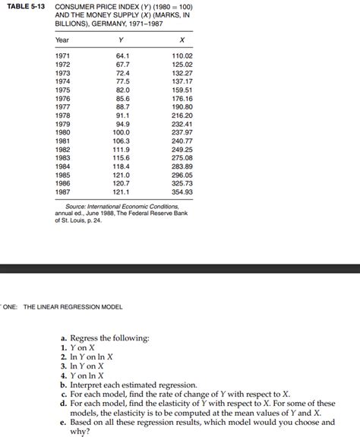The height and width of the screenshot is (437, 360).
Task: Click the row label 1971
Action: [65, 56]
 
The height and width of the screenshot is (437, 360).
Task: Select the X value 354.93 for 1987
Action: [183, 192]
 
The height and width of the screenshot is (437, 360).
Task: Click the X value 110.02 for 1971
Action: [183, 56]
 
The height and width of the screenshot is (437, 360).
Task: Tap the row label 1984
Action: [65, 166]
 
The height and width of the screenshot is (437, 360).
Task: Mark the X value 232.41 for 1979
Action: [183, 123]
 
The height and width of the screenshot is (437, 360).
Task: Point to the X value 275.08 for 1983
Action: [183, 157]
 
